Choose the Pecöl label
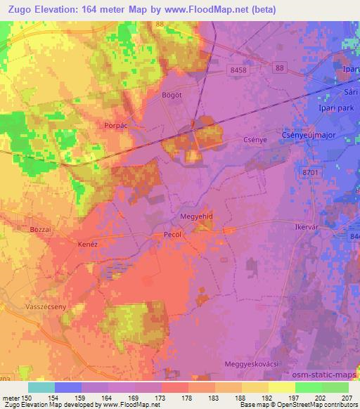click(x=172, y=235)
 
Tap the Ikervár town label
click(x=307, y=228)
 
